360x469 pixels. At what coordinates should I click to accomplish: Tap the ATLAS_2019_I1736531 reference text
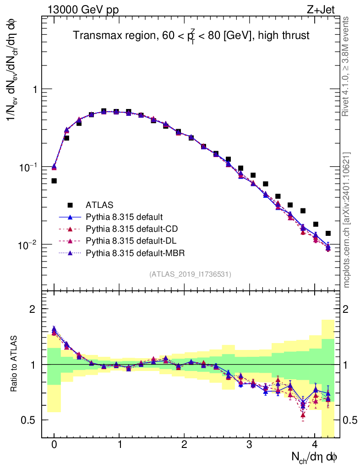(190, 274)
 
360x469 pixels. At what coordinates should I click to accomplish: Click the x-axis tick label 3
(250, 445)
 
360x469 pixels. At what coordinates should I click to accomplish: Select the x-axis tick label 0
(54, 445)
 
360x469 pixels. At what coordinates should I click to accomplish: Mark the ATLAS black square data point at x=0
(54, 181)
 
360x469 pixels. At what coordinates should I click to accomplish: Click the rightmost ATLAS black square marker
(328, 234)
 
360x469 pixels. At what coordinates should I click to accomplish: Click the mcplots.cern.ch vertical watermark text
(347, 220)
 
